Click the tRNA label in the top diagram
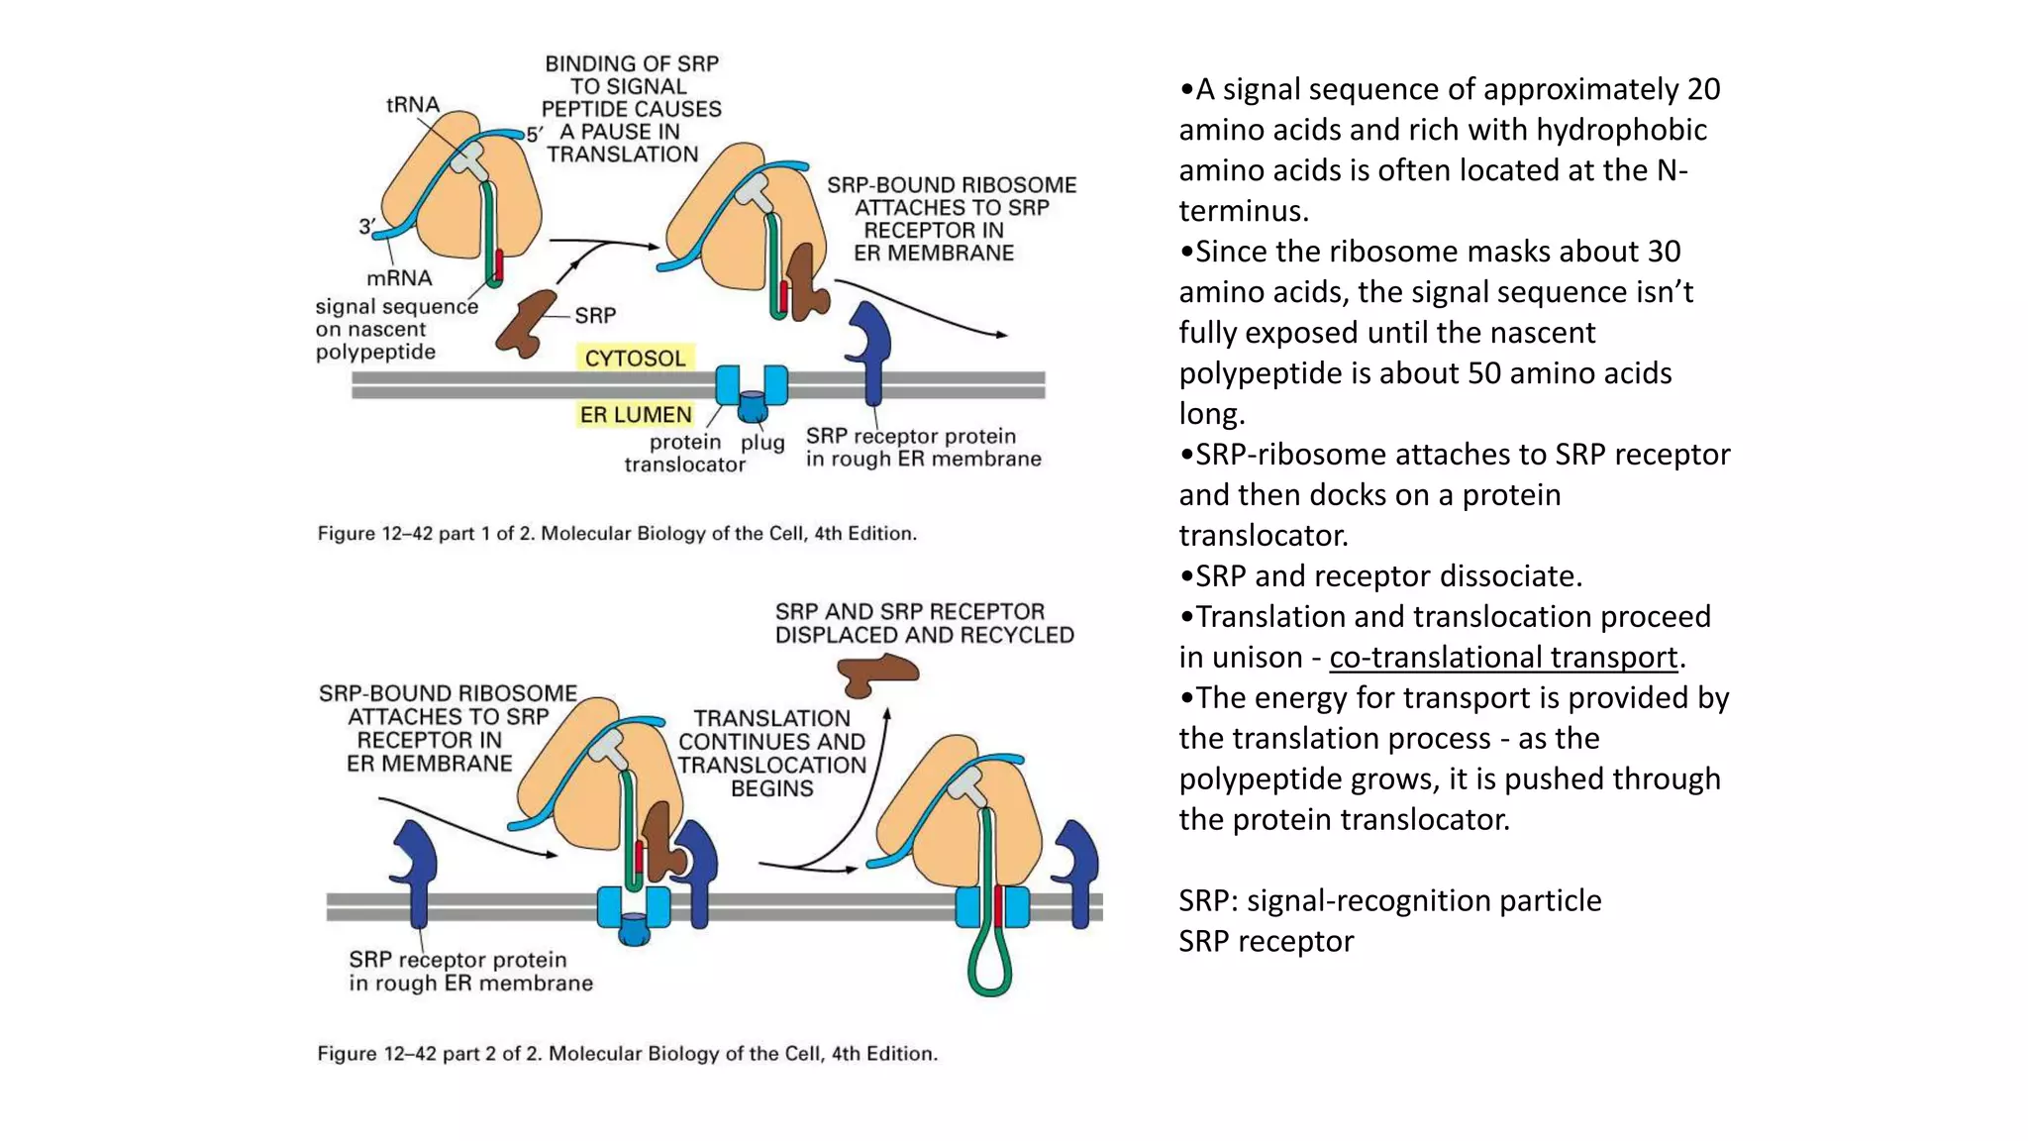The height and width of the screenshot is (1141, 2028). [412, 105]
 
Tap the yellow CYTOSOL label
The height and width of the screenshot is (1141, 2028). [635, 359]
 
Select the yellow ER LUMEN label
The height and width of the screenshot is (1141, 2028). [635, 415]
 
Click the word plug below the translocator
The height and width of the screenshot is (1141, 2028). [762, 442]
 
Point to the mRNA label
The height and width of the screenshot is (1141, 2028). [399, 278]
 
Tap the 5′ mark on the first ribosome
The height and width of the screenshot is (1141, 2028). [535, 134]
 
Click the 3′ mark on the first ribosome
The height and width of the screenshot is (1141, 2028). [366, 227]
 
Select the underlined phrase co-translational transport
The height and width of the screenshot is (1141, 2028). [1503, 658]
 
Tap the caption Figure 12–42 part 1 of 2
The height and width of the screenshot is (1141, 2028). [617, 534]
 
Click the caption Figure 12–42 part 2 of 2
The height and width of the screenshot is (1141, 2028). [627, 1054]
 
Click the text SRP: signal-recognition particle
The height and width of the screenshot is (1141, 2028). [1389, 900]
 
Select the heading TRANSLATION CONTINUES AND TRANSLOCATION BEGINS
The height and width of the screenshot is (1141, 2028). [771, 754]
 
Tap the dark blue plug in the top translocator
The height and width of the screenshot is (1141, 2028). [752, 406]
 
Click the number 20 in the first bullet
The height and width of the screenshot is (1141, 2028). [1703, 89]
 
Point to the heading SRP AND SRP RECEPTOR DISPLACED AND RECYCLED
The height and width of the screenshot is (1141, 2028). [924, 623]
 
